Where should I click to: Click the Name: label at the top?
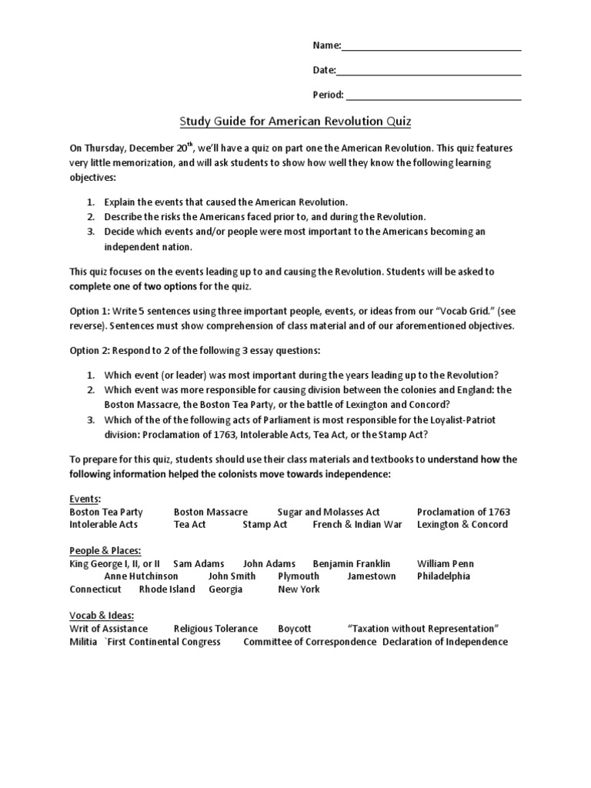(x=326, y=45)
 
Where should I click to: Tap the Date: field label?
(x=324, y=71)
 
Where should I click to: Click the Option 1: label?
(x=91, y=313)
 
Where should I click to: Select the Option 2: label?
(x=91, y=351)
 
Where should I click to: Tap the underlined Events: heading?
(x=85, y=499)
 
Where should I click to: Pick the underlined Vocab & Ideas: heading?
(x=102, y=616)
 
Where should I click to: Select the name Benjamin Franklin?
(x=352, y=564)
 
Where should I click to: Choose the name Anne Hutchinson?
(x=141, y=576)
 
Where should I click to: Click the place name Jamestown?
(x=372, y=576)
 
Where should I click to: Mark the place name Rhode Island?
(x=166, y=589)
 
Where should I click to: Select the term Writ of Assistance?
(x=109, y=629)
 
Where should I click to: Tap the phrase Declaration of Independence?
(x=445, y=642)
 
